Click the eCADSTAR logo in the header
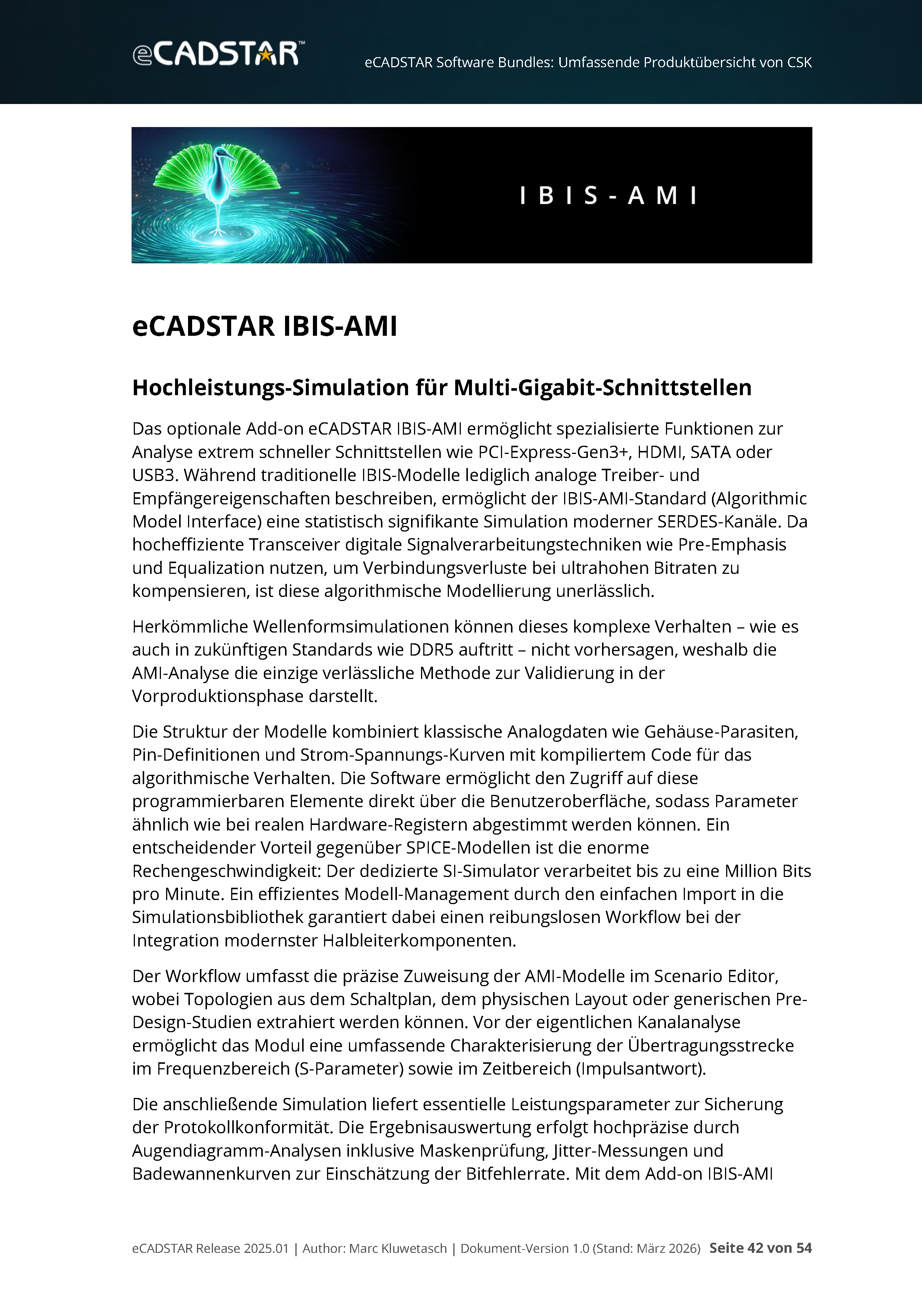click(x=218, y=53)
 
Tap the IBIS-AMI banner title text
click(x=608, y=196)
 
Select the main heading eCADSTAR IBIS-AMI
click(x=265, y=326)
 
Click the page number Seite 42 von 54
click(x=760, y=1248)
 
